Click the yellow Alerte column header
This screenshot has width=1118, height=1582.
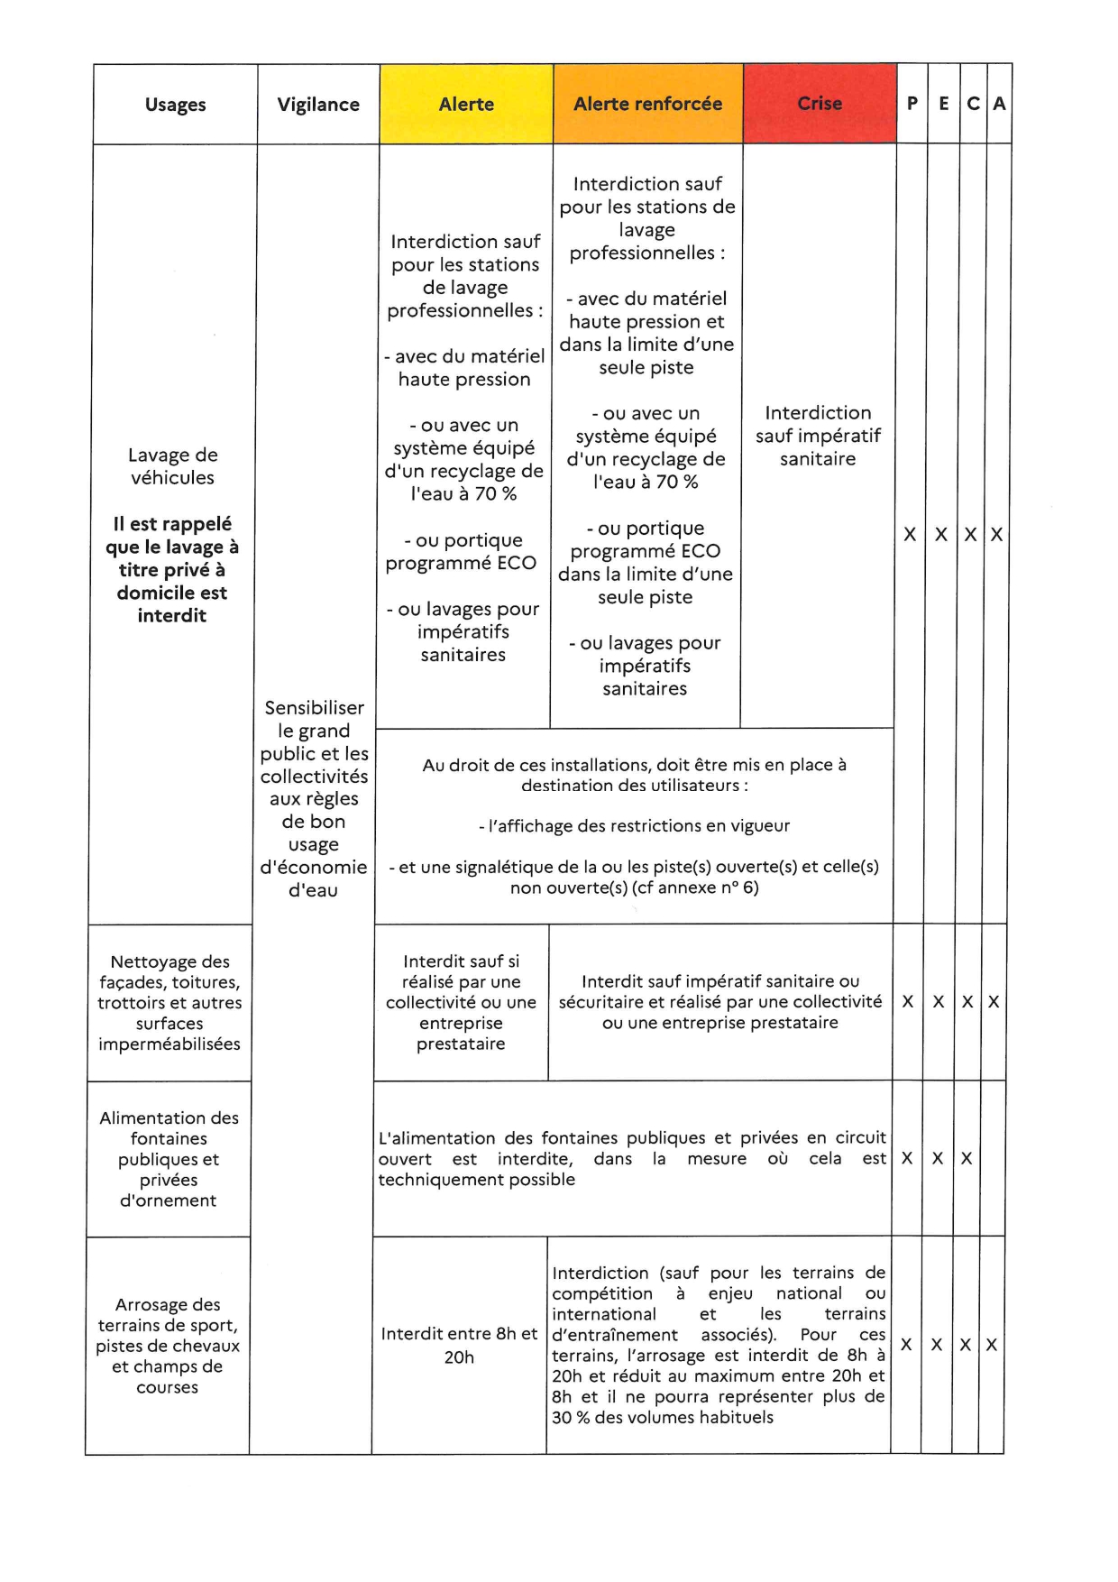tap(466, 105)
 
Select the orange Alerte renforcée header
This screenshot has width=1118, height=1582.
tap(647, 105)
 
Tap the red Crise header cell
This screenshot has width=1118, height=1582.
tap(820, 104)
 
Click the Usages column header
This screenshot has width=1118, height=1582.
tap(175, 105)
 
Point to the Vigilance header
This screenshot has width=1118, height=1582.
tap(318, 105)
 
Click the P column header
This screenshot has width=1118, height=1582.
tap(912, 104)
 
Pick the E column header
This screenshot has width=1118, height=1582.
tap(943, 104)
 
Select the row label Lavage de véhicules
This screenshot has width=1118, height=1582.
tap(172, 466)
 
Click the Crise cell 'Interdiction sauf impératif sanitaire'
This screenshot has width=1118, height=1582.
tap(818, 436)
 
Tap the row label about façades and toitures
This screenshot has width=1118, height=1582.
tap(170, 1003)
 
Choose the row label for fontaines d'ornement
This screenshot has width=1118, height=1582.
tap(169, 1159)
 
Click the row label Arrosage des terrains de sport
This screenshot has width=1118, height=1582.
tap(168, 1346)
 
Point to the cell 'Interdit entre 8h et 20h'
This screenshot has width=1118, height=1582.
tap(459, 1345)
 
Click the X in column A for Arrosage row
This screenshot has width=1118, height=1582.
tap(991, 1345)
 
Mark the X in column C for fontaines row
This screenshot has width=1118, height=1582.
tap(966, 1159)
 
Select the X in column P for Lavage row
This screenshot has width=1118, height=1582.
tap(910, 535)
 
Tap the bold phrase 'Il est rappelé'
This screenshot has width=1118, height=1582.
tap(172, 524)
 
